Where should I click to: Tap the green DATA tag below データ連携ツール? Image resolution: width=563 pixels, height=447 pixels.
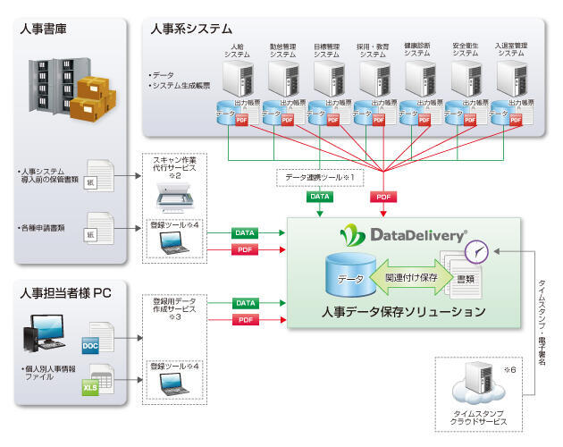[x=319, y=195]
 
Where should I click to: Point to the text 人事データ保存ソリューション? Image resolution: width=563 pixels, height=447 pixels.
[x=404, y=312]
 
